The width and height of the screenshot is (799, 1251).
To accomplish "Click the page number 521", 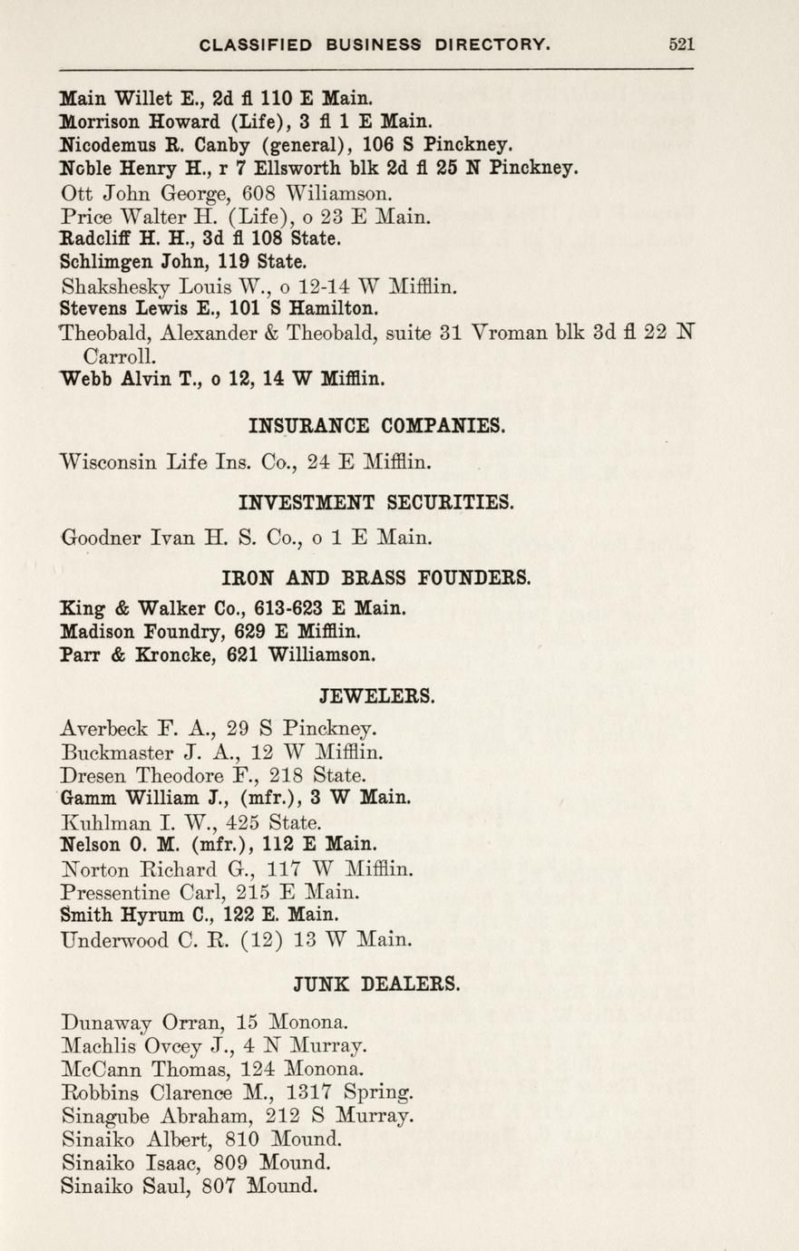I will (681, 43).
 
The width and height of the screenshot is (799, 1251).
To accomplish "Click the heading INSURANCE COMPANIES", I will (376, 425).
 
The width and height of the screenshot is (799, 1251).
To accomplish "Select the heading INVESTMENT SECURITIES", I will (376, 500).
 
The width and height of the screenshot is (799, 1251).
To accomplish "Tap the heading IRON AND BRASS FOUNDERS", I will (376, 577).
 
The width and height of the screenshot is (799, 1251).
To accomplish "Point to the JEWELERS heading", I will (376, 696).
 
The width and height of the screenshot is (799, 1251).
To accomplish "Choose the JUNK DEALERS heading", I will (376, 982).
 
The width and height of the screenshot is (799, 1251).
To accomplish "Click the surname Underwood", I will (113, 940).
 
